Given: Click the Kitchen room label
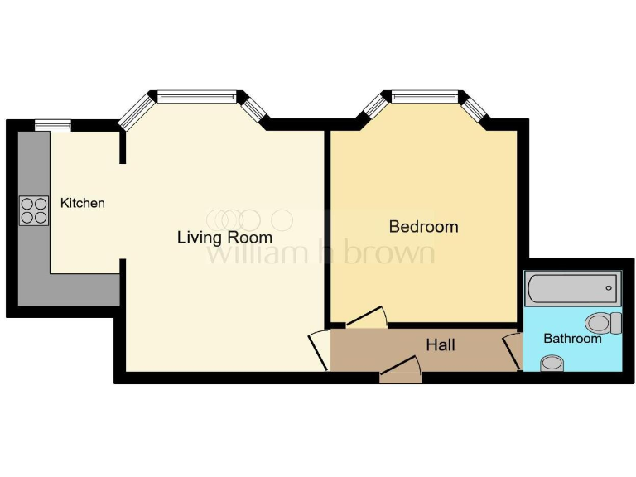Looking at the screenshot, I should click(83, 203).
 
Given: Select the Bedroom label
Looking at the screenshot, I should click(423, 226).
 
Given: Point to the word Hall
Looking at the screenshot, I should click(440, 344).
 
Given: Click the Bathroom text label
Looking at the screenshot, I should click(572, 339).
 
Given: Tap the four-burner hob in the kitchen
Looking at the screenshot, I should click(34, 210).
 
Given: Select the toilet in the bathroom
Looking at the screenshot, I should click(602, 322).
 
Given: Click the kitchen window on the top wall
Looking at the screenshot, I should click(52, 125).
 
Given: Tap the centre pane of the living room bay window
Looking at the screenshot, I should click(196, 97).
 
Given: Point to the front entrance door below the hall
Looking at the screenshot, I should click(401, 370).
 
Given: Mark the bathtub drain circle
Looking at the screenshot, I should click(609, 287).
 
